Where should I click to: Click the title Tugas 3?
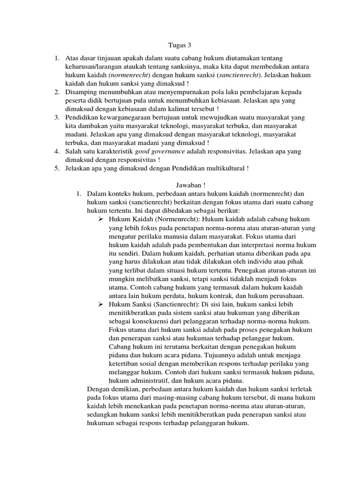(180, 45)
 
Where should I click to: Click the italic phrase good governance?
(160, 152)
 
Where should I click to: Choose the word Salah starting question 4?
(73, 152)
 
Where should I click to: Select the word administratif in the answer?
(142, 380)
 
